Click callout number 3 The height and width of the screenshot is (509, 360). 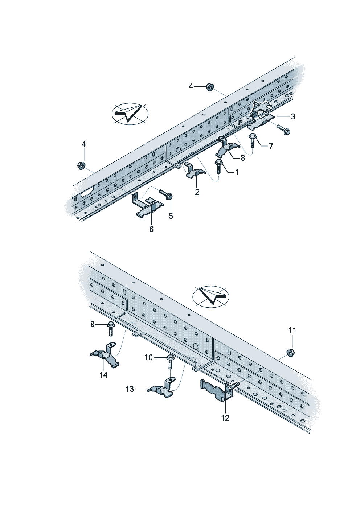[293, 116]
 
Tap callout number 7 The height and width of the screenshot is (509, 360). [271, 145]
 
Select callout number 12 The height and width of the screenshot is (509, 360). [225, 418]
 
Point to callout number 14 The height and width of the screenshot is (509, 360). [103, 375]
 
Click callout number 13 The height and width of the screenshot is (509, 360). [130, 389]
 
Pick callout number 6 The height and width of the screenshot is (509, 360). [151, 229]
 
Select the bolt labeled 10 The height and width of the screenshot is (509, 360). [170, 361]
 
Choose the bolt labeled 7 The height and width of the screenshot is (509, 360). [253, 139]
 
